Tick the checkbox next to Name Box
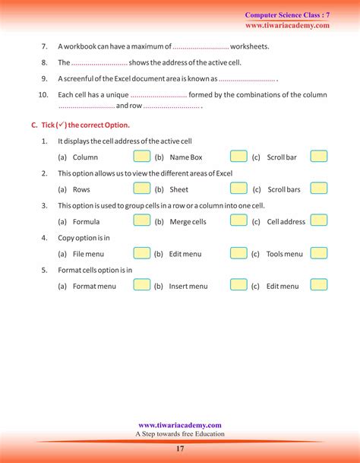point(238,156)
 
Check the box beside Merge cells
point(238,220)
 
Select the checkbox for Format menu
point(141,285)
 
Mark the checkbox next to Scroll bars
point(319,189)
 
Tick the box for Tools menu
point(319,253)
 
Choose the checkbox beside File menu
point(141,253)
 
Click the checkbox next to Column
point(141,156)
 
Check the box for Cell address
point(319,220)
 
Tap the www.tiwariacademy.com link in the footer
point(180,425)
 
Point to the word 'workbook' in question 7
point(81,46)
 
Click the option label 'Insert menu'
point(188,287)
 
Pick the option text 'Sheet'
point(178,189)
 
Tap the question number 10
point(43,95)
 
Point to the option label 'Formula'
point(86,222)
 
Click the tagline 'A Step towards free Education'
point(180,434)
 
